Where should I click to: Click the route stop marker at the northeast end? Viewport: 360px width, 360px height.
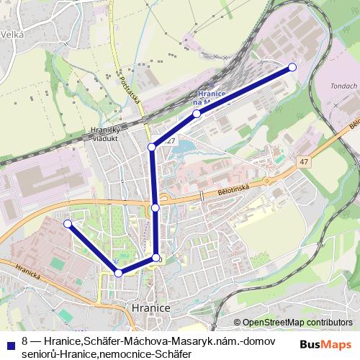pos(292,67)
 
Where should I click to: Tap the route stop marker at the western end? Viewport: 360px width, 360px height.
pos(68,224)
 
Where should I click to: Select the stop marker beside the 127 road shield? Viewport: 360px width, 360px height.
pos(152,147)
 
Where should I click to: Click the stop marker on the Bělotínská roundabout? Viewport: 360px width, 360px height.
pos(156,208)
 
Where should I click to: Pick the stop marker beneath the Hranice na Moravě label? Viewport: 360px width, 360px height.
pos(197,114)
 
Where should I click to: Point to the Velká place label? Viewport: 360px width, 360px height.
pos(12,34)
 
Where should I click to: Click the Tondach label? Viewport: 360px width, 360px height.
pos(343,86)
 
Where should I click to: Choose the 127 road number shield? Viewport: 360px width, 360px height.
pos(170,141)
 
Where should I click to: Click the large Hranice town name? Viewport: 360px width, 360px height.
pos(151,307)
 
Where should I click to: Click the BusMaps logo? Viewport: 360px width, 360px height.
pos(326,343)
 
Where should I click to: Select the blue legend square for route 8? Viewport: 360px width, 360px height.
pos(10,342)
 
